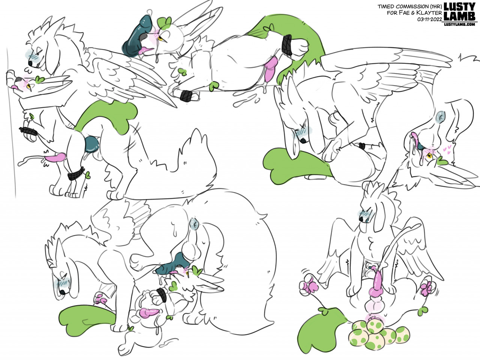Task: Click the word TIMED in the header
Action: [x=384, y=6]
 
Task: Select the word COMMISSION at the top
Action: [x=406, y=6]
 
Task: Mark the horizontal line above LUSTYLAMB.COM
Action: [x=459, y=22]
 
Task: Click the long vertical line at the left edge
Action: [x=11, y=122]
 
